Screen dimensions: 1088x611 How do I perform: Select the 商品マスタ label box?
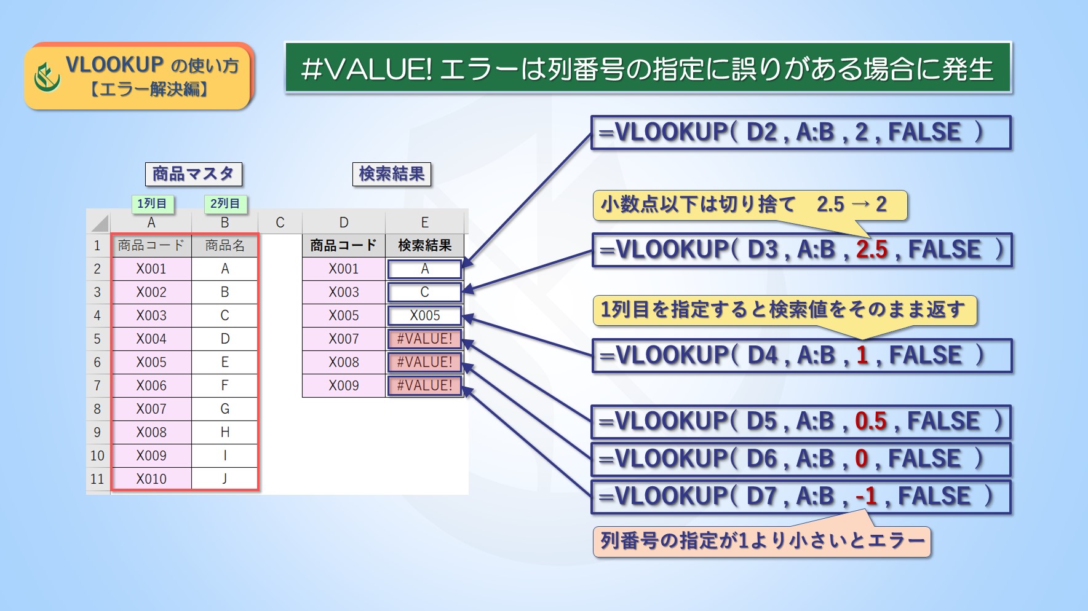pyautogui.click(x=194, y=174)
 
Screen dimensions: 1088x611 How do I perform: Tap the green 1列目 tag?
pyautogui.click(x=152, y=203)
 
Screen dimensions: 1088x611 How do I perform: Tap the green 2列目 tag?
pyautogui.click(x=225, y=203)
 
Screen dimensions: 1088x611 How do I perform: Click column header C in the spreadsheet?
pyautogui.click(x=280, y=223)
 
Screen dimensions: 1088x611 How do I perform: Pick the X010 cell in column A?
pyautogui.click(x=151, y=479)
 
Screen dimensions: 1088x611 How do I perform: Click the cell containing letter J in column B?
pyautogui.click(x=224, y=479)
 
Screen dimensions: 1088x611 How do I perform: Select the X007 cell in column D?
pyautogui.click(x=344, y=339)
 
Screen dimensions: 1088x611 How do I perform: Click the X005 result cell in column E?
pyautogui.click(x=424, y=315)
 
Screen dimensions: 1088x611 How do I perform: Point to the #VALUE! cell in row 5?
pyautogui.click(x=424, y=339)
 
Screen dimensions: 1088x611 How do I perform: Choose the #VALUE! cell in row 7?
pyautogui.click(x=424, y=385)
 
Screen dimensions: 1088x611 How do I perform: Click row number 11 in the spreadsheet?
pyautogui.click(x=97, y=479)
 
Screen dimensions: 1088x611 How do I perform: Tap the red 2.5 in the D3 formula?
pyautogui.click(x=872, y=250)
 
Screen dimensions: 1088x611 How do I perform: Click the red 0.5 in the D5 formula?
pyautogui.click(x=871, y=421)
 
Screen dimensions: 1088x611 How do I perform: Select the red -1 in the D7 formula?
pyautogui.click(x=866, y=496)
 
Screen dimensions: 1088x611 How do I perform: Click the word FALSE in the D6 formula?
pyautogui.click(x=924, y=459)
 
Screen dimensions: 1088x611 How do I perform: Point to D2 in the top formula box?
pyautogui.click(x=762, y=132)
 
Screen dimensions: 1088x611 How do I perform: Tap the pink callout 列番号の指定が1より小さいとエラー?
pyautogui.click(x=762, y=542)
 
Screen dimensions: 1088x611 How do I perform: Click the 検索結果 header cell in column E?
pyautogui.click(x=424, y=245)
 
